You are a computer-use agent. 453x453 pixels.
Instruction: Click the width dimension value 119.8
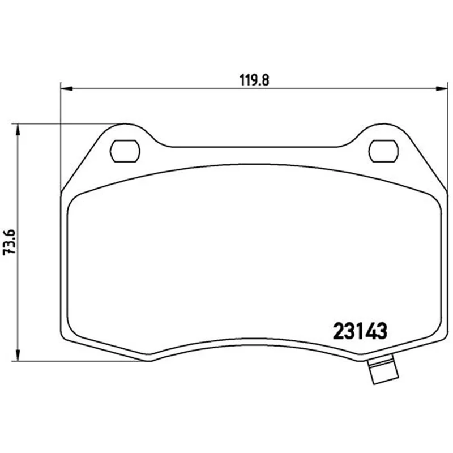click(x=254, y=80)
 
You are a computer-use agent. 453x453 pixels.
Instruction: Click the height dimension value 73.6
click(x=9, y=242)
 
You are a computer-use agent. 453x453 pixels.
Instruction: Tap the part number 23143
click(x=360, y=331)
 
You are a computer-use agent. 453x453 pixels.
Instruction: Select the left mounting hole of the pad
click(x=125, y=151)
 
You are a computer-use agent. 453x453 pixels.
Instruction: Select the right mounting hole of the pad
click(x=383, y=151)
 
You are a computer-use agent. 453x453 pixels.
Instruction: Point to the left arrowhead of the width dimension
click(x=67, y=89)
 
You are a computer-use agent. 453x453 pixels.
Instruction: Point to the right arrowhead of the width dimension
click(x=442, y=89)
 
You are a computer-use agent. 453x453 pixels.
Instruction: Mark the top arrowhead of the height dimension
click(x=18, y=130)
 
